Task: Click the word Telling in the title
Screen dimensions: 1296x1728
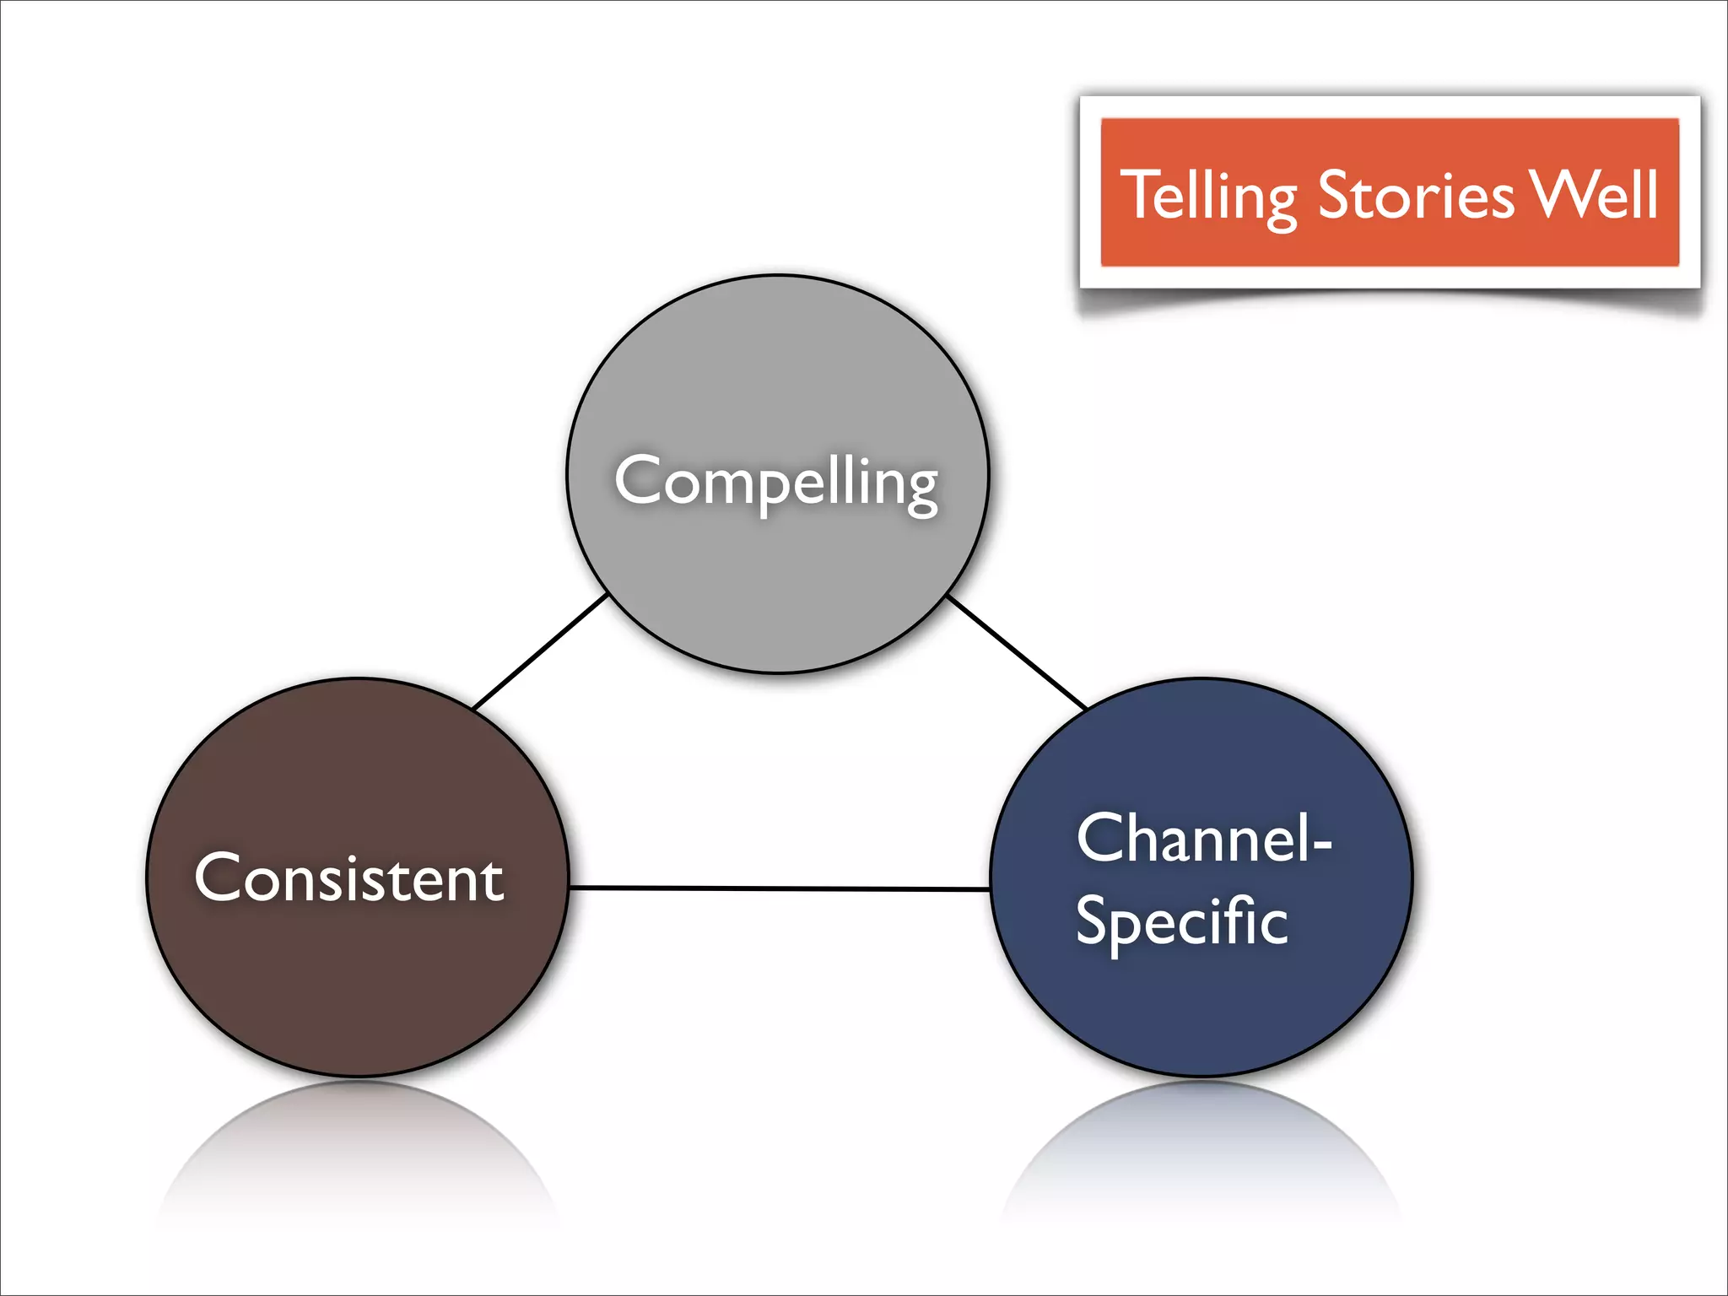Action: pyautogui.click(x=1208, y=196)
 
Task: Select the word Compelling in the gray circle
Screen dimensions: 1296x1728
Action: pyautogui.click(x=776, y=481)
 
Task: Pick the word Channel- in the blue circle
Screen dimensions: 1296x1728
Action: pyautogui.click(x=1203, y=839)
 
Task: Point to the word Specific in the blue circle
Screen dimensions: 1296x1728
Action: pyautogui.click(x=1181, y=921)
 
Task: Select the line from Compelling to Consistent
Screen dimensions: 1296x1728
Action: pyautogui.click(x=540, y=651)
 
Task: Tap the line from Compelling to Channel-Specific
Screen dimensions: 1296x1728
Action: pyautogui.click(x=1017, y=651)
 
